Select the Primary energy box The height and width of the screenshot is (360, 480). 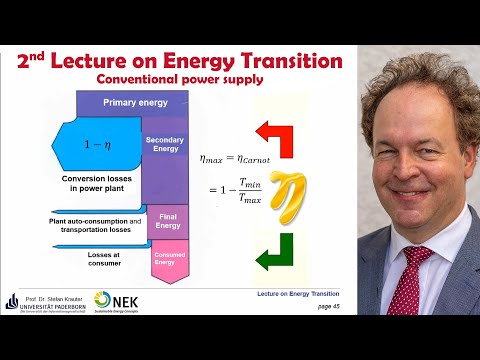click(x=132, y=102)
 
